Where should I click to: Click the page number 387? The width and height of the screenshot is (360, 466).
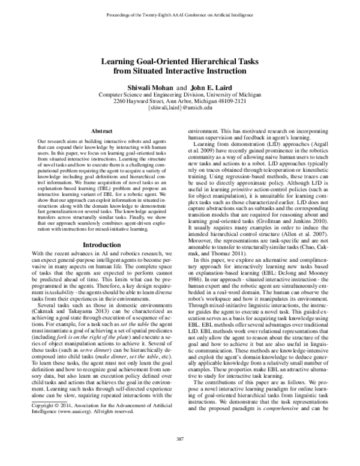179,441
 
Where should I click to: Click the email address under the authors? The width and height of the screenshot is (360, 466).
180,108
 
